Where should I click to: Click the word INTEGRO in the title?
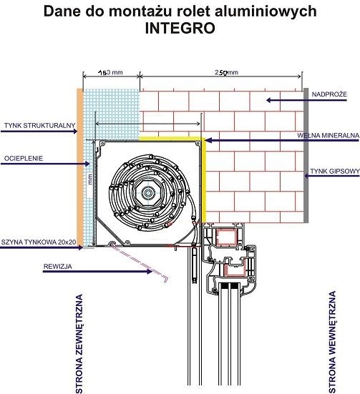180,28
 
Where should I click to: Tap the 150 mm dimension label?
110,73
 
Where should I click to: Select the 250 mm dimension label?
226,72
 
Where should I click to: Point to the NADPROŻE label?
329,94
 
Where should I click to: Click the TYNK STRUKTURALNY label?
40,125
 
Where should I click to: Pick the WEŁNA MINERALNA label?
328,135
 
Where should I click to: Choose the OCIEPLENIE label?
24,158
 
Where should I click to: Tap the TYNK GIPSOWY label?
334,172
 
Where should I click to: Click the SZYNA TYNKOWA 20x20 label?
39,242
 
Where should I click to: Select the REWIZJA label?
57,266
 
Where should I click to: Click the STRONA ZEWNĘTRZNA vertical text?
79,344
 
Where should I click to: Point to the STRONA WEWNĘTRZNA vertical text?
332,343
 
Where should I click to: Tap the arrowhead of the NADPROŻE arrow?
268,100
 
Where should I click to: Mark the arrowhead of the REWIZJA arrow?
150,272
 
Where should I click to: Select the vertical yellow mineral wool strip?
204,182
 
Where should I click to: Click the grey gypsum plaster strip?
306,155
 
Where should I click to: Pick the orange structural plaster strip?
79,167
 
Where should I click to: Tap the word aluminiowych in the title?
266,11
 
